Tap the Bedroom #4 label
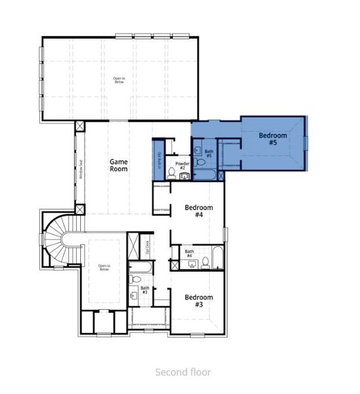[198, 211]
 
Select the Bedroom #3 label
[198, 300]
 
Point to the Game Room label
[119, 165]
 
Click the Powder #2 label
[181, 165]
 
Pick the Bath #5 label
[209, 155]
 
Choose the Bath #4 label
[189, 253]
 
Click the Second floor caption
[183, 372]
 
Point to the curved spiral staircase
[60, 239]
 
